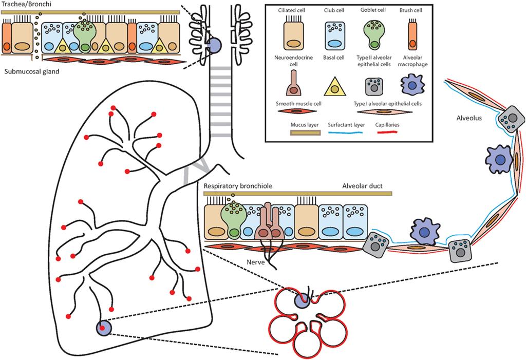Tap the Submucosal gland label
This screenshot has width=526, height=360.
(x=31, y=72)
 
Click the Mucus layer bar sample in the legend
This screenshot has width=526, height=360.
(x=292, y=132)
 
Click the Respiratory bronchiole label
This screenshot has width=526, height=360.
(x=237, y=186)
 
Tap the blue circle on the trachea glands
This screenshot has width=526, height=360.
(x=215, y=45)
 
